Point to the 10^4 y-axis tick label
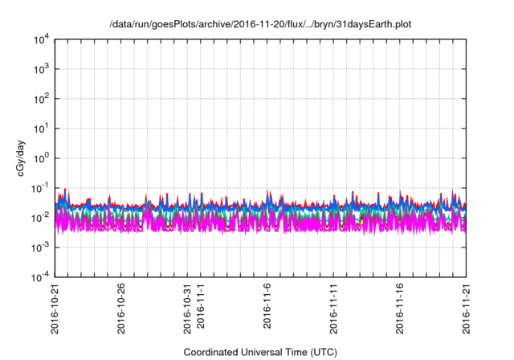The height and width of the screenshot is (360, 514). tap(39, 39)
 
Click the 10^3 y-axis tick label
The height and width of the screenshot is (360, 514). tap(39, 69)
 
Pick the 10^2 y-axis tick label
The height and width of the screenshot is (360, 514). tap(39, 99)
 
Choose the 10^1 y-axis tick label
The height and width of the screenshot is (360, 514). tap(39, 129)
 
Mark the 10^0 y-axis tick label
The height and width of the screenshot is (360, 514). tap(39, 158)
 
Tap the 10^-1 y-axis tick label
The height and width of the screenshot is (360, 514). tap(39, 188)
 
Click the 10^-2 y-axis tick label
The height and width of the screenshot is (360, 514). tap(39, 218)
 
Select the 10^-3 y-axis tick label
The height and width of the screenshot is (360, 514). tap(39, 247)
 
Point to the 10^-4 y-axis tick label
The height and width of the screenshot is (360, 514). tap(39, 277)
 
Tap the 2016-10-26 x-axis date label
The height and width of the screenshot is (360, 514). tap(121, 310)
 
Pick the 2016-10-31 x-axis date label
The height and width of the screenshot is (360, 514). tap(188, 310)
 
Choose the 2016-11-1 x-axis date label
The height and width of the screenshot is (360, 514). tap(201, 309)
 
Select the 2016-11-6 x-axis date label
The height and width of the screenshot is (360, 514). tap(267, 309)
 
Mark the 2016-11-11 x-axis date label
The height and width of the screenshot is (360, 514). tap(333, 310)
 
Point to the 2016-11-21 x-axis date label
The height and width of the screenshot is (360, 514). tap(466, 310)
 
